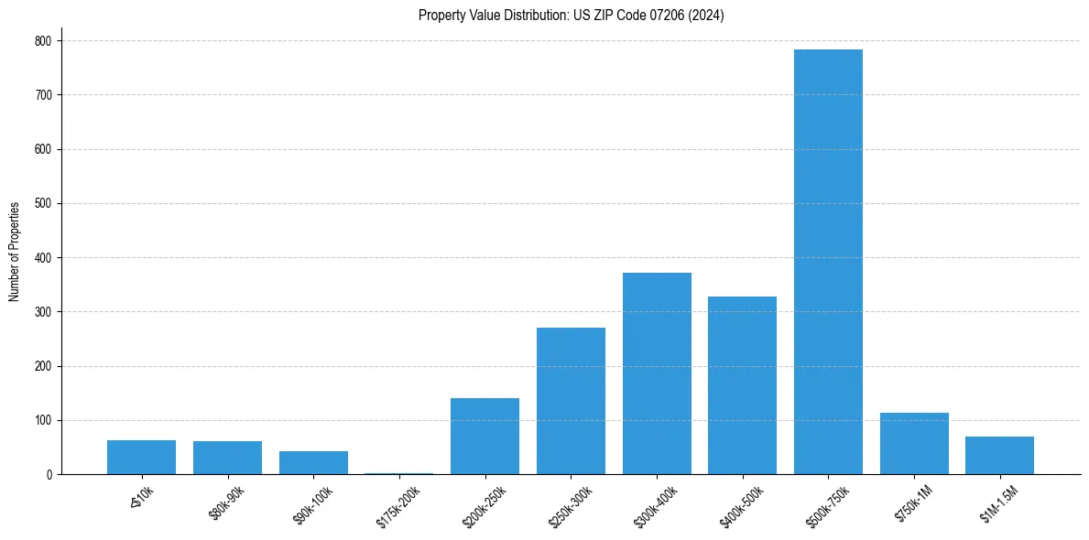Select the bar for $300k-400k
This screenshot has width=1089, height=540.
657,373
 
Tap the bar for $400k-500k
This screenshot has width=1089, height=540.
742,385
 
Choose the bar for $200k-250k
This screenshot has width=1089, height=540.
485,437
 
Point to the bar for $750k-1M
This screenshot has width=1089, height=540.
914,444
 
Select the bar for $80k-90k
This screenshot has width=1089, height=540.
227,458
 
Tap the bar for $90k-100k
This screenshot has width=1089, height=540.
313,463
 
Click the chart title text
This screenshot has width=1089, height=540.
571,16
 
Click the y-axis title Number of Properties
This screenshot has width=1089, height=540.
15,252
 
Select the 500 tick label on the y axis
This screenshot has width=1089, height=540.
44,204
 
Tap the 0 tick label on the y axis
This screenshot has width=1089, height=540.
49,475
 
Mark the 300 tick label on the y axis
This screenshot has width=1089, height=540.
44,312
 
